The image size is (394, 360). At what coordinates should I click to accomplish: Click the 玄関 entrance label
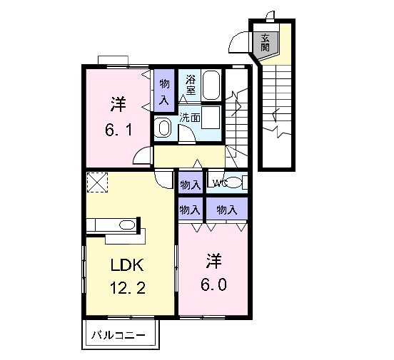(265, 43)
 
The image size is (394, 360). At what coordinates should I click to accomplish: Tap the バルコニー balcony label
(118, 335)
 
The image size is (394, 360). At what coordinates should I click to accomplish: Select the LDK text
(127, 265)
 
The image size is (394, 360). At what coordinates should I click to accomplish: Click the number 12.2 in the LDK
(128, 289)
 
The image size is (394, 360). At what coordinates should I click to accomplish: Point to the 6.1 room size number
(118, 130)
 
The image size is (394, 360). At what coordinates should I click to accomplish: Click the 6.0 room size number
(213, 284)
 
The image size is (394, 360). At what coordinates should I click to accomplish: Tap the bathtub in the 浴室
(211, 86)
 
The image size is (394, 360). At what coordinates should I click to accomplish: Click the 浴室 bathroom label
(191, 86)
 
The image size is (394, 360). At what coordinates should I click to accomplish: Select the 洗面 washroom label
(190, 118)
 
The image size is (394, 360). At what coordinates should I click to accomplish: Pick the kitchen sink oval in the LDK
(127, 225)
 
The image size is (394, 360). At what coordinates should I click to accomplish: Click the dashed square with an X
(97, 182)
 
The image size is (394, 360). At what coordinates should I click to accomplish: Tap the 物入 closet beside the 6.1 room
(164, 91)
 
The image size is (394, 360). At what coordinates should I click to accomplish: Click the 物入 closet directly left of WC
(191, 182)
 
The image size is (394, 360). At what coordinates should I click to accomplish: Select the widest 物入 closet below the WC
(227, 209)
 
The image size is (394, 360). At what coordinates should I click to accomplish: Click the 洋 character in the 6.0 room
(214, 261)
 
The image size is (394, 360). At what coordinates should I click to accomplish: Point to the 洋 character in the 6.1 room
(118, 104)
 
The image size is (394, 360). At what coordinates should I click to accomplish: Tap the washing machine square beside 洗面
(211, 118)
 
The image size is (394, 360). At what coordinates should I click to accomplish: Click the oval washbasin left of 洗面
(164, 128)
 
